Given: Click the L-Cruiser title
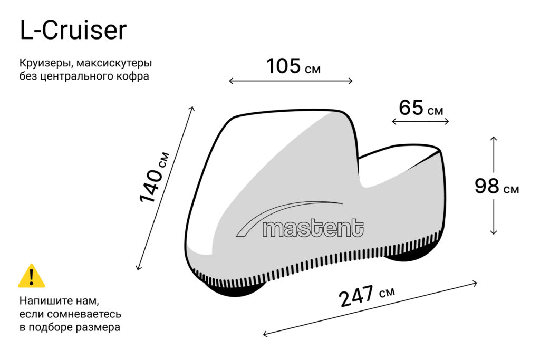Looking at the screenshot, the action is [x=73, y=30].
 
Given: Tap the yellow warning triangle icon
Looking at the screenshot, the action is [x=32, y=276].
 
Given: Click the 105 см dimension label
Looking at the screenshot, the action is [x=293, y=66].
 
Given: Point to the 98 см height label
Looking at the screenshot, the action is [x=497, y=186].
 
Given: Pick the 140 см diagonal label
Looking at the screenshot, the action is [x=155, y=177].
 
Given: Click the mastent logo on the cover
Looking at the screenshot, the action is [x=300, y=220].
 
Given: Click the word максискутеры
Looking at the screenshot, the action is [x=114, y=63].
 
